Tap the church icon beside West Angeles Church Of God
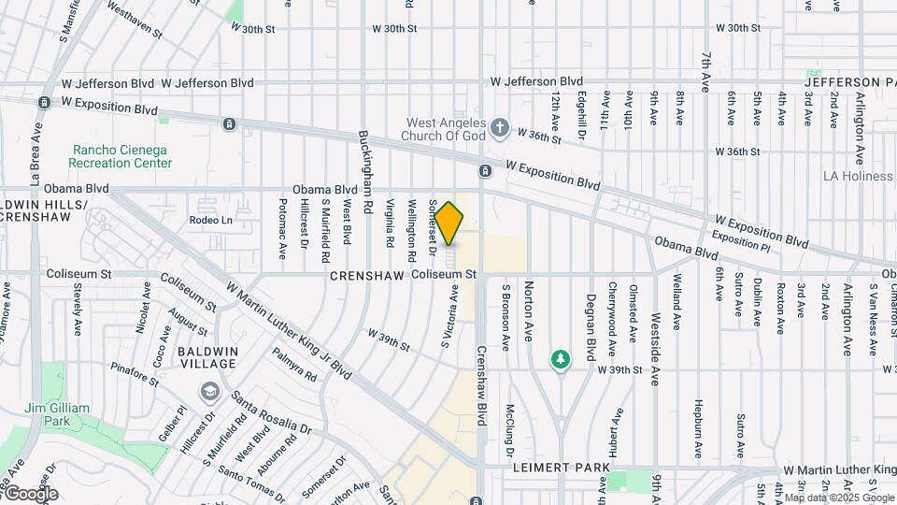click(500, 127)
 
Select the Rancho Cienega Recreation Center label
click(123, 156)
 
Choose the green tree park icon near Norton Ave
click(561, 359)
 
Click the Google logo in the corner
click(30, 494)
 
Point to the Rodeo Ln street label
click(210, 221)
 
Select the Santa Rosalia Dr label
click(271, 412)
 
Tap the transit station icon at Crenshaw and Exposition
click(485, 171)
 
